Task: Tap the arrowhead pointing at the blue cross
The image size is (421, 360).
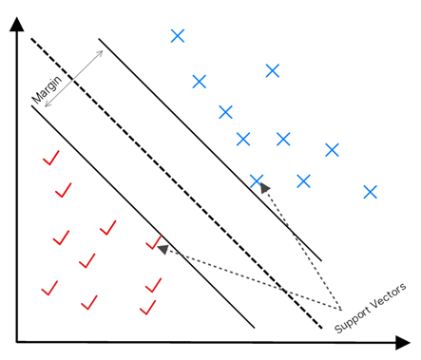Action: click(x=264, y=188)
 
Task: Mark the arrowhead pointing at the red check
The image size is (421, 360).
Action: click(x=163, y=249)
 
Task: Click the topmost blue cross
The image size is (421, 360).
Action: click(x=177, y=36)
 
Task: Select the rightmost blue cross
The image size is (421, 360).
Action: click(x=371, y=192)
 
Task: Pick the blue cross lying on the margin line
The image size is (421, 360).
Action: click(x=256, y=180)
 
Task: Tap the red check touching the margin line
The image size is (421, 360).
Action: click(x=153, y=243)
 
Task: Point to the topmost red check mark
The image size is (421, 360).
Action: click(x=51, y=158)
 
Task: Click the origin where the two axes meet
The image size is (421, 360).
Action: click(x=17, y=340)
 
